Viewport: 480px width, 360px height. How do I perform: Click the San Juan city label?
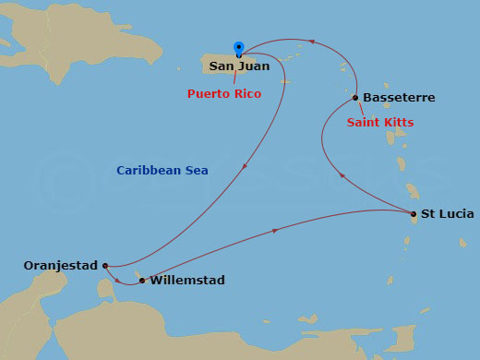pyautogui.click(x=241, y=66)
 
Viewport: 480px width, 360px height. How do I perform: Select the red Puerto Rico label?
pyautogui.click(x=224, y=94)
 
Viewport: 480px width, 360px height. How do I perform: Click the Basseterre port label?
pyautogui.click(x=399, y=97)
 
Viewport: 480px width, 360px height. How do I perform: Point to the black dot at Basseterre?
pyautogui.click(x=355, y=97)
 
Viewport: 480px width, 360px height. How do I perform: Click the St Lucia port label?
pyautogui.click(x=448, y=214)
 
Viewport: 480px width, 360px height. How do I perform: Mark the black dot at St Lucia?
pyautogui.click(x=414, y=214)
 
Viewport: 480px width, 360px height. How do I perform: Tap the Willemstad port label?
pyautogui.click(x=186, y=280)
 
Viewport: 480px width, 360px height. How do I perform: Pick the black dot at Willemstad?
pyautogui.click(x=141, y=280)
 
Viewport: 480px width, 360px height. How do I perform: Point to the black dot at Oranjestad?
pyautogui.click(x=106, y=266)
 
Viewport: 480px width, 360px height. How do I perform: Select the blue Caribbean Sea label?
pyautogui.click(x=162, y=171)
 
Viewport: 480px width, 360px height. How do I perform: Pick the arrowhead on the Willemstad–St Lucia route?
pyautogui.click(x=277, y=231)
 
